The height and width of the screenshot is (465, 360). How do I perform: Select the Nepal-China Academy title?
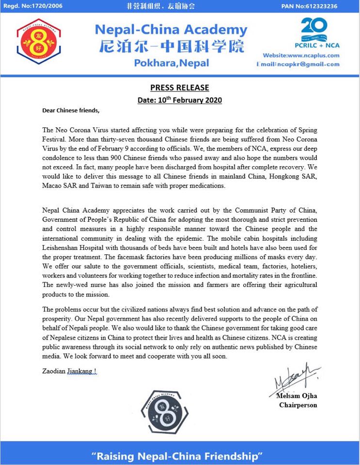coord(171,30)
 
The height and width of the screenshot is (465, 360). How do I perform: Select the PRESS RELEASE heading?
coord(180,88)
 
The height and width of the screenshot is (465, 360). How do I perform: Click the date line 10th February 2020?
coord(180,100)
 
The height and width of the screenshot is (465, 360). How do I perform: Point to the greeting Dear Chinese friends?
coord(71,110)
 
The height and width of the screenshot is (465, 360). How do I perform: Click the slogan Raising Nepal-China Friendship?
coord(179,456)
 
